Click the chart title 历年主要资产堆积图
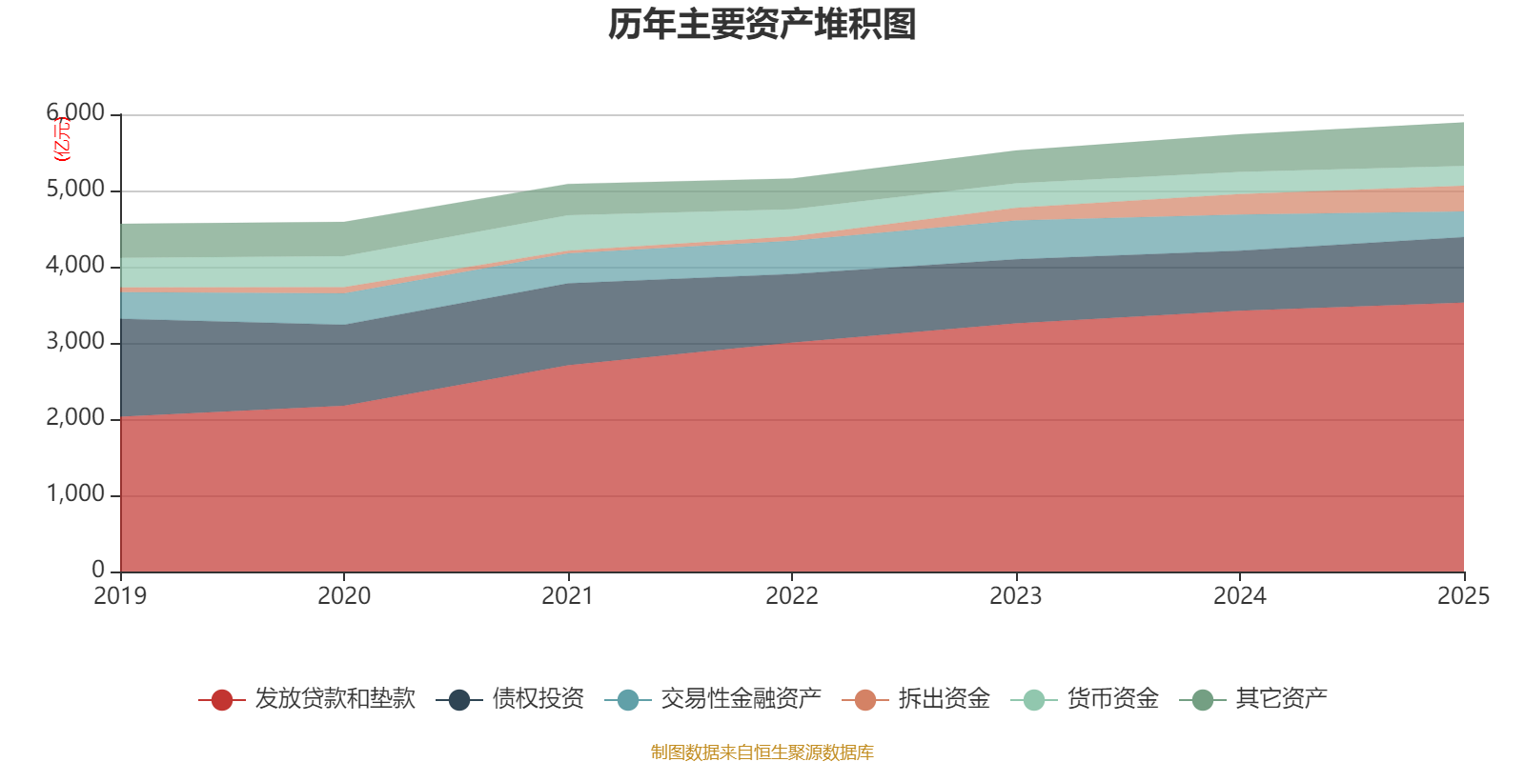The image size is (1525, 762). tap(762, 25)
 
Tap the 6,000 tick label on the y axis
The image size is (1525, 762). tap(75, 113)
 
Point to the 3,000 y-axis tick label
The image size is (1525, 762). tap(75, 342)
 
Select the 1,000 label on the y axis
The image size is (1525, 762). tap(75, 494)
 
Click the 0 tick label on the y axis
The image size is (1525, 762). tap(98, 570)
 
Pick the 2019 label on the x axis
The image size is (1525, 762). tap(120, 596)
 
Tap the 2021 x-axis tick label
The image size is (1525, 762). tap(568, 596)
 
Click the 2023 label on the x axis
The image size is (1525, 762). tap(1015, 596)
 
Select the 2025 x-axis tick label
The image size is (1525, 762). tap(1463, 596)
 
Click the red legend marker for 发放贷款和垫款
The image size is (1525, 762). tap(222, 700)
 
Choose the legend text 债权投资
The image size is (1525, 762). tap(538, 699)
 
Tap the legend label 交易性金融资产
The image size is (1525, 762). tap(741, 699)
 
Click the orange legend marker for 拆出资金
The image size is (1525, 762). tap(865, 700)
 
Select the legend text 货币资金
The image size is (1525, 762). tap(1112, 699)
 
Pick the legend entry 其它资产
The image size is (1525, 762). tap(1281, 699)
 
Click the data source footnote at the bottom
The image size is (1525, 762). tap(762, 752)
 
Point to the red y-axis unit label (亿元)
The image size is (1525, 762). tap(62, 139)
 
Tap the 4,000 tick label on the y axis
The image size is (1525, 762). tap(75, 266)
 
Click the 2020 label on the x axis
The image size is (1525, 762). tap(344, 596)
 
